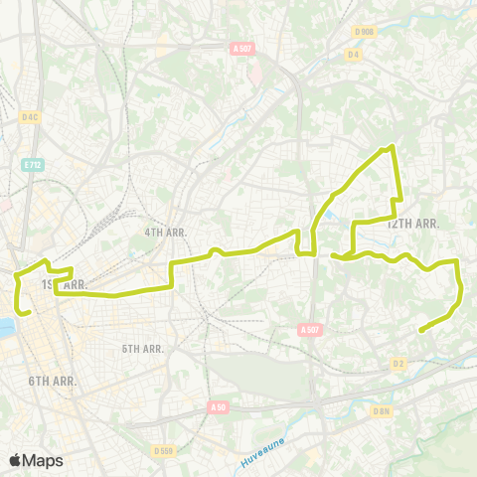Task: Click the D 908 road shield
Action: pyautogui.click(x=365, y=31)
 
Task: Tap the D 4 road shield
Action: pyautogui.click(x=353, y=54)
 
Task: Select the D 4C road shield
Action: pyautogui.click(x=30, y=116)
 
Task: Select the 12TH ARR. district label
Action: pyautogui.click(x=412, y=224)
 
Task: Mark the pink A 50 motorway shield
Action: pyautogui.click(x=219, y=406)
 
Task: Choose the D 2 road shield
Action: pyautogui.click(x=399, y=364)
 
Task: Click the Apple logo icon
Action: pyautogui.click(x=16, y=460)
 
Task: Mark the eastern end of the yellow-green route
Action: pyautogui.click(x=422, y=330)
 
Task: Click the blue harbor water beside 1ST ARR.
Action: pyautogui.click(x=6, y=327)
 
